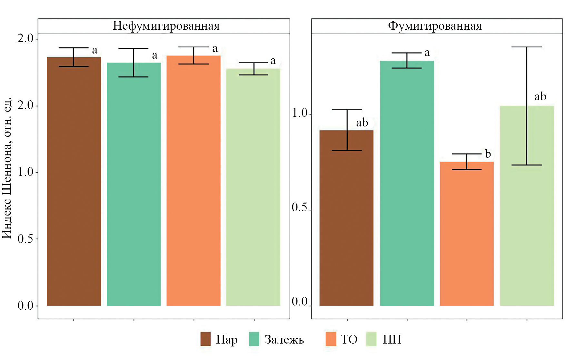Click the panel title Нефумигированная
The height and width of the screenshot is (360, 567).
click(166, 26)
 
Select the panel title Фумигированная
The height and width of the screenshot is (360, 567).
click(435, 26)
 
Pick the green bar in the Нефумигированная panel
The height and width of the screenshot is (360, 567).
click(134, 184)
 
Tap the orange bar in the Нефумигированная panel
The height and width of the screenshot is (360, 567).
click(194, 181)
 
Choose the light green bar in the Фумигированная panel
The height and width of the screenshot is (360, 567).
click(527, 226)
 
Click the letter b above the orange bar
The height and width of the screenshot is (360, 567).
click(488, 154)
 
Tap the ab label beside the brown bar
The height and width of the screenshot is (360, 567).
click(362, 123)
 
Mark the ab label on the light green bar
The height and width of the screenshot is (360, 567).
click(540, 96)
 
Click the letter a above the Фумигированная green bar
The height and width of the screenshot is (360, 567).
click(427, 53)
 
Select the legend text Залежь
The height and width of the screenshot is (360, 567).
click(284, 340)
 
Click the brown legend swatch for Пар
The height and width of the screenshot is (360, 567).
click(205, 339)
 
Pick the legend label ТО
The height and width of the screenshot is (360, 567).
click(349, 340)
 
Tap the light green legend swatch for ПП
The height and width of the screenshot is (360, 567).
click(371, 339)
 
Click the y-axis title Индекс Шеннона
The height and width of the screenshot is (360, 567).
click(7, 168)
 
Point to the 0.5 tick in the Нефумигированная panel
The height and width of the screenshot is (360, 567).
click(25, 239)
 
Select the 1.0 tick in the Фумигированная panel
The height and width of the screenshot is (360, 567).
click(300, 113)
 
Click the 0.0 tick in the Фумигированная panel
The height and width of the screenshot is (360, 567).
click(300, 302)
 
